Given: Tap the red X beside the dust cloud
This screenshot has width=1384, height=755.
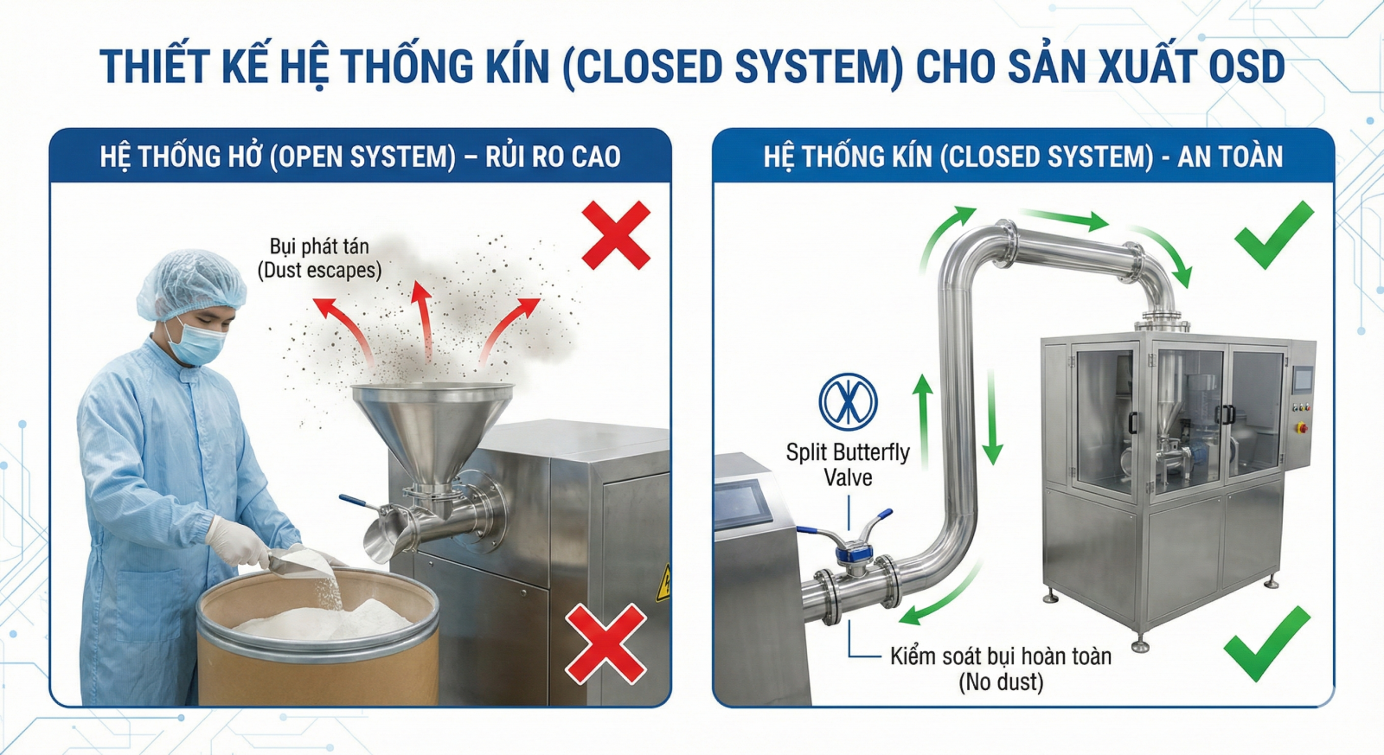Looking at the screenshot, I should coord(615,235).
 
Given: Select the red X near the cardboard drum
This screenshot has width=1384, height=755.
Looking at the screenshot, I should coord(605,643).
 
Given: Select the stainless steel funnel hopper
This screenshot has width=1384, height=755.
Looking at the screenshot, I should coord(432,428).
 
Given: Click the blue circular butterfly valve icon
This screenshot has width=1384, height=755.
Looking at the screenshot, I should coord(848,401).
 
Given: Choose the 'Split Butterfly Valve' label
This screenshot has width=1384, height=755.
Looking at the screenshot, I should coord(848,464).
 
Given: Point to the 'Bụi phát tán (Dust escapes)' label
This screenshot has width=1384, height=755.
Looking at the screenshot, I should coord(319,258).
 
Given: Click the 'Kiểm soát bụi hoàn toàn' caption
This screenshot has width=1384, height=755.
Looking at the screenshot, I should coord(1001,657).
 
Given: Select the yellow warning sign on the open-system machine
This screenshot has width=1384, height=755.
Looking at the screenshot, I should coord(663,584).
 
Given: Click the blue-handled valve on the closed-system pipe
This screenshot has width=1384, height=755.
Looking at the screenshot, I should coord(851,541).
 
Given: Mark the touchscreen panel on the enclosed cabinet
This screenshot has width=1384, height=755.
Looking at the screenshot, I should coord(1302,379).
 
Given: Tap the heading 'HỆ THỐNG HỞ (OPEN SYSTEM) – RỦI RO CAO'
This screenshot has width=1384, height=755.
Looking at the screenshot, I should coord(360,157).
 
